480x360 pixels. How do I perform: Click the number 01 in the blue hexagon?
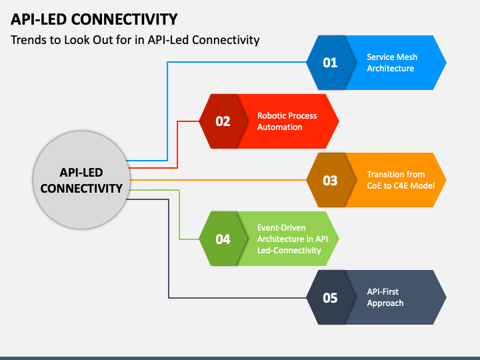point(330,63)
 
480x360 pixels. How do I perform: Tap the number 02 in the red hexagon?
point(223,121)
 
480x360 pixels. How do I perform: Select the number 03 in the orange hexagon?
point(330,181)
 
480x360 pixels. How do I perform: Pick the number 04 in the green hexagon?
point(223,239)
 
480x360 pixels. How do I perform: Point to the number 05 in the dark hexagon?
point(330,298)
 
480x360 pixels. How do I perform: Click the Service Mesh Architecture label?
point(392,63)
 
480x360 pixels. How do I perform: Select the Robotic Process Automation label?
point(287,121)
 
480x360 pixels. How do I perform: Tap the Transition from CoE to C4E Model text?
point(401,180)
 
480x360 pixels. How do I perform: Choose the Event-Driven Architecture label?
point(293,239)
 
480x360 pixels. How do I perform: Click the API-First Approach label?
point(385,297)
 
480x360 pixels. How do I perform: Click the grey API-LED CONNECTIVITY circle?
point(81,180)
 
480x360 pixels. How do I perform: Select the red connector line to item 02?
point(177,143)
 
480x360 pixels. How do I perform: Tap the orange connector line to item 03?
point(218,180)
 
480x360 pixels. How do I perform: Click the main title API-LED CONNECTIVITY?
point(94,19)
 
